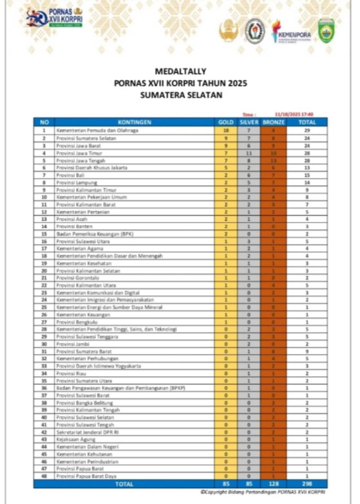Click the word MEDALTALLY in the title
tap(180, 71)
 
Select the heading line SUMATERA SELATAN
tap(180, 95)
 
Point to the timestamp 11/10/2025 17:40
tap(294, 114)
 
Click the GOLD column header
tap(226, 122)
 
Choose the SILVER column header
tap(249, 122)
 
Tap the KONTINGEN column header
tap(134, 122)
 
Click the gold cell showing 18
tap(226, 130)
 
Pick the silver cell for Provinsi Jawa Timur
tap(249, 153)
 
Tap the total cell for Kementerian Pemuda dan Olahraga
tap(307, 130)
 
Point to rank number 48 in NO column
tap(44, 476)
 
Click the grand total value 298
tap(307, 484)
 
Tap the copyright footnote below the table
tap(263, 492)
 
